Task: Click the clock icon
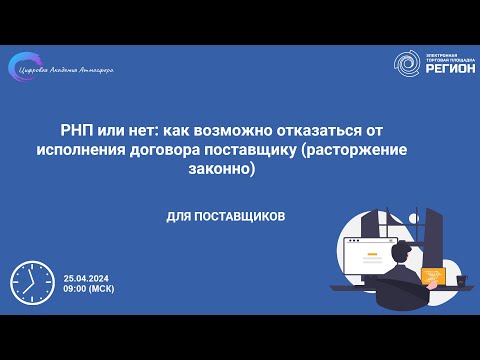(x=31, y=283)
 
